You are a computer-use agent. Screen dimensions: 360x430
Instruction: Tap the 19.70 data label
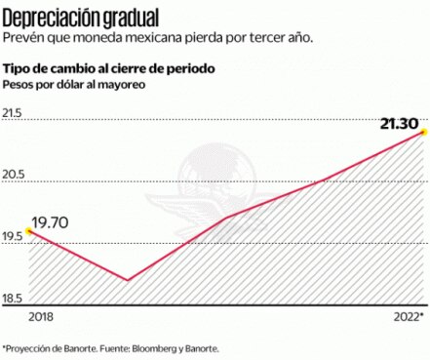click(49, 223)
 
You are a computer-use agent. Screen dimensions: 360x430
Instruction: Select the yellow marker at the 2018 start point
click(29, 232)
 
